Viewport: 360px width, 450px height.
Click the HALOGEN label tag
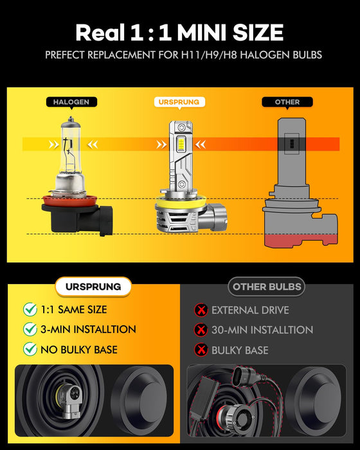pos(71,102)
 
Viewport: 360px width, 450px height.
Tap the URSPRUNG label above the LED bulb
pos(178,102)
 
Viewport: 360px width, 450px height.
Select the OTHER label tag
pos(287,102)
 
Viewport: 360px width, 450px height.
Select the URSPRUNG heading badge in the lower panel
pos(93,287)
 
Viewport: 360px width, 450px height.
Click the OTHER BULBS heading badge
pos(266,287)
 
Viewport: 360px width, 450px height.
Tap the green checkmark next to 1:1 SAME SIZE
pos(30,309)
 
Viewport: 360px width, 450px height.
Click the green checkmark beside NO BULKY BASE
pos(30,350)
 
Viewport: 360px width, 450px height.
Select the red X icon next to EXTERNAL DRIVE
pos(201,310)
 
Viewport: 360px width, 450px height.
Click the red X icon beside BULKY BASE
pos(201,350)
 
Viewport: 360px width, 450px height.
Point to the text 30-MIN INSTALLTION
pos(262,330)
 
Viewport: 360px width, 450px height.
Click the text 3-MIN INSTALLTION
pos(88,329)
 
